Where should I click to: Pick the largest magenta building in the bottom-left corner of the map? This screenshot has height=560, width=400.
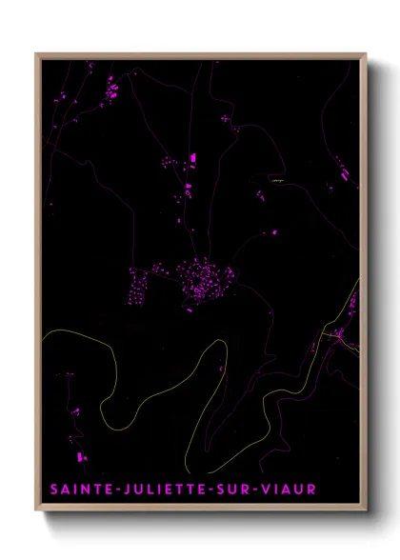(80, 456)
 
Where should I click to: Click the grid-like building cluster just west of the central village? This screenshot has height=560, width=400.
(141, 283)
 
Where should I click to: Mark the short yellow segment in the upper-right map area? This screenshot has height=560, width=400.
(277, 180)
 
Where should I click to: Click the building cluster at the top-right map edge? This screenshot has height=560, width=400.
(342, 172)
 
